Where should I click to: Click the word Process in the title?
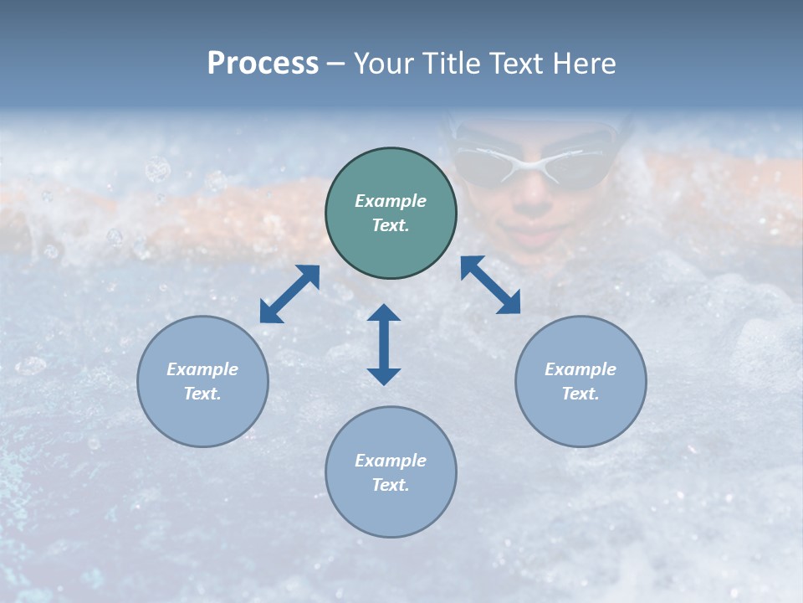[x=263, y=64]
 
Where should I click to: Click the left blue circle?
[x=202, y=381]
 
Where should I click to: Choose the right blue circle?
[x=581, y=381]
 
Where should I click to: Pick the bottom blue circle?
[x=391, y=472]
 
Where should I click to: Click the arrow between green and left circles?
[x=289, y=294]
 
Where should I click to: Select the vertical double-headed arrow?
[x=384, y=344]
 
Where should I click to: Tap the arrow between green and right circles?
[x=491, y=285]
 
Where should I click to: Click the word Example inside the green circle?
[x=391, y=201]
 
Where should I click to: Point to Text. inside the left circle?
[x=202, y=394]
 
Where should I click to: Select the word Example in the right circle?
[x=581, y=369]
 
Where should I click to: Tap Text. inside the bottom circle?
[x=391, y=485]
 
